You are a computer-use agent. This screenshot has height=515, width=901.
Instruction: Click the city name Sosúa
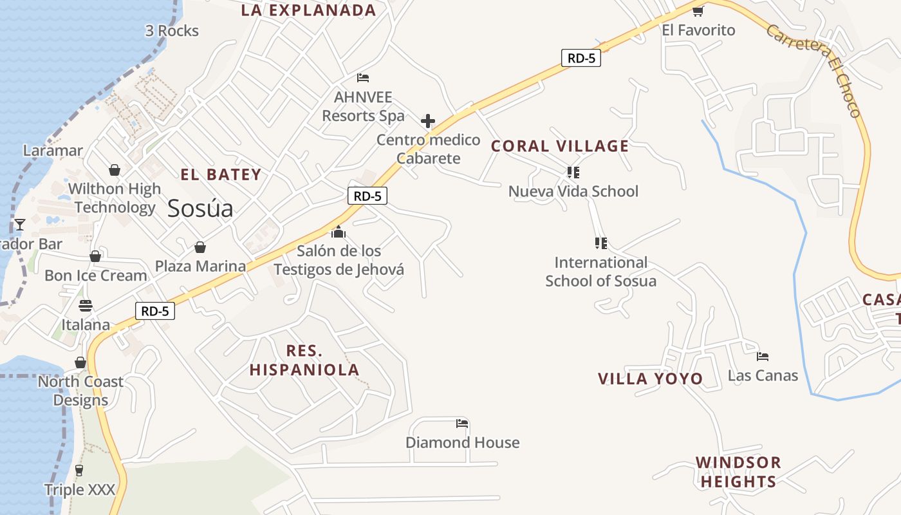click(x=200, y=209)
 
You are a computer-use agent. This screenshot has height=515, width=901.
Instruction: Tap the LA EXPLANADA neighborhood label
click(x=308, y=10)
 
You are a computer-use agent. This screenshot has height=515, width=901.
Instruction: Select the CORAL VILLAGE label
click(x=560, y=146)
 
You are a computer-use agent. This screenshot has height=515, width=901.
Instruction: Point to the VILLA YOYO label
click(x=651, y=379)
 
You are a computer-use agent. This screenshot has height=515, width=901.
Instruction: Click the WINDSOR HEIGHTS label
click(x=738, y=472)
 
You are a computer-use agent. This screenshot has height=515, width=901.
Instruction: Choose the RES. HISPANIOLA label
click(x=304, y=360)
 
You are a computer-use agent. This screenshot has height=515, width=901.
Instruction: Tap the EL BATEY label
click(x=221, y=174)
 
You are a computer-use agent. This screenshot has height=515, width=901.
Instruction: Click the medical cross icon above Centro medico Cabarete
click(x=428, y=121)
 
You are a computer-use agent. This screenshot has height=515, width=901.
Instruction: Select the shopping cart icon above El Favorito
click(x=698, y=11)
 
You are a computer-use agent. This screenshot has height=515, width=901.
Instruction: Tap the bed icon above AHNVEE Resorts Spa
click(x=363, y=78)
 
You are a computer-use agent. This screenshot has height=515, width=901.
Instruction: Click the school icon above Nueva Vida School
click(x=573, y=173)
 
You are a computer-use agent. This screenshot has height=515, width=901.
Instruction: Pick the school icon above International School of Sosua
click(x=600, y=243)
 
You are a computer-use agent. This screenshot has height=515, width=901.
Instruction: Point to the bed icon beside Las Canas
click(x=763, y=356)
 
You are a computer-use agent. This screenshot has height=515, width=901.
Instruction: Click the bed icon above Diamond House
click(x=462, y=424)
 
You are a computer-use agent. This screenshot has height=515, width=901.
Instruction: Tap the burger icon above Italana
click(x=86, y=305)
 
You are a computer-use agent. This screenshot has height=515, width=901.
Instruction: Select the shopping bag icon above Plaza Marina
click(x=200, y=247)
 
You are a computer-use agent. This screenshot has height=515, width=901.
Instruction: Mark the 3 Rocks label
click(x=172, y=31)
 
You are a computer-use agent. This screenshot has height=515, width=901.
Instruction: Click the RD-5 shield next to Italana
click(x=155, y=312)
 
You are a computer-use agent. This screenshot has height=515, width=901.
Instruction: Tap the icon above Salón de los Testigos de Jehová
click(x=339, y=232)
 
